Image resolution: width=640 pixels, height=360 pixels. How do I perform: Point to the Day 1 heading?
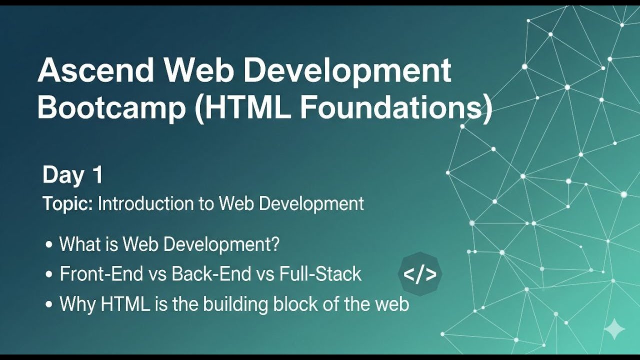72,175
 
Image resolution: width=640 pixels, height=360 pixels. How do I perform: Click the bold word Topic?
67,204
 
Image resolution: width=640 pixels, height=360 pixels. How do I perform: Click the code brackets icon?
420,274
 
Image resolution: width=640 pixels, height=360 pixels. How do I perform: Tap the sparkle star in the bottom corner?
614,329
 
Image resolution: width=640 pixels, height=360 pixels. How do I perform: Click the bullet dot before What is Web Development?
48,245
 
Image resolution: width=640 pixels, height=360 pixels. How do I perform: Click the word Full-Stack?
320,274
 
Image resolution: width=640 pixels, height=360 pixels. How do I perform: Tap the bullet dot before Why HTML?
48,304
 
